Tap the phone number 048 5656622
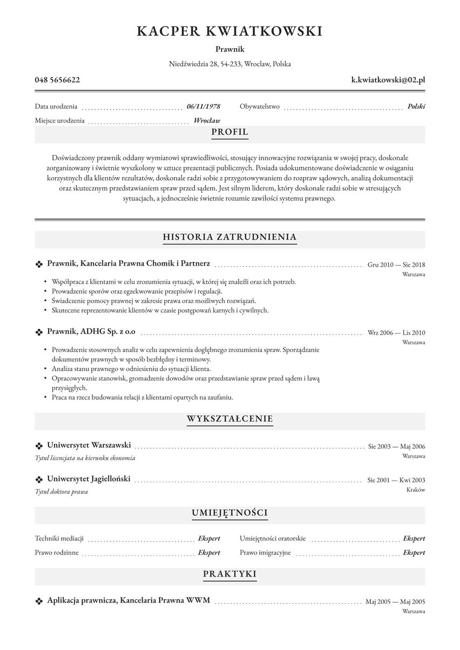click(57, 80)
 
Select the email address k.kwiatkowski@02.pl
click(388, 80)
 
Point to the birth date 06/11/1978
click(204, 106)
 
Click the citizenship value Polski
click(416, 106)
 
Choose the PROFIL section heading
click(229, 132)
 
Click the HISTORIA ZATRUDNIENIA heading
click(229, 237)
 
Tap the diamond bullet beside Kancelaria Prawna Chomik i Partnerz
click(39, 265)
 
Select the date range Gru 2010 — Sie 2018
click(396, 265)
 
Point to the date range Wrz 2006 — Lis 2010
click(396, 333)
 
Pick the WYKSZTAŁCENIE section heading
click(229, 419)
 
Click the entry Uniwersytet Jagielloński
click(89, 479)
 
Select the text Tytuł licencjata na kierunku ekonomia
click(85, 458)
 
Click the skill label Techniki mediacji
click(59, 538)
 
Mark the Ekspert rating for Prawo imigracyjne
click(414, 552)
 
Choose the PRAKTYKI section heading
click(229, 574)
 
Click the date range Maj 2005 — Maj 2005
click(395, 601)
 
